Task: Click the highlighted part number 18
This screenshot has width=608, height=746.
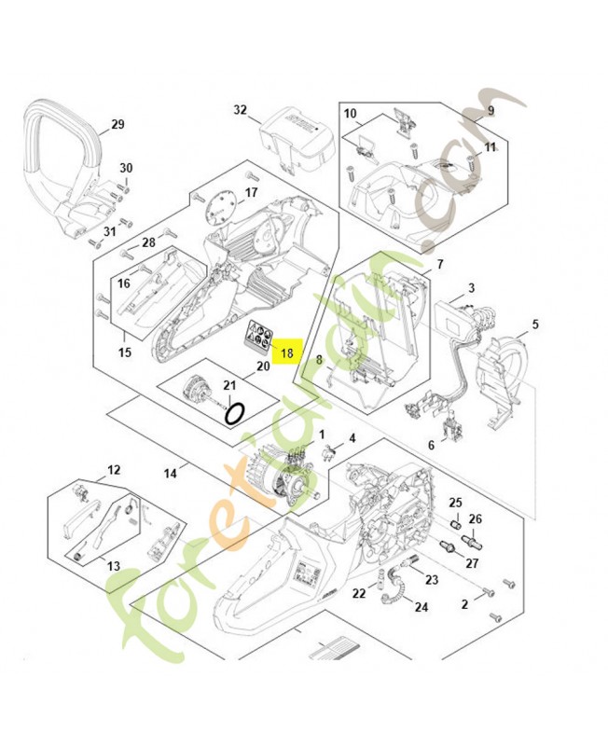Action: tap(286, 353)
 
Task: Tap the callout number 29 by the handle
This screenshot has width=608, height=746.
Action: tap(117, 124)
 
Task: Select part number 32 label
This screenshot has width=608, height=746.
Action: tap(241, 110)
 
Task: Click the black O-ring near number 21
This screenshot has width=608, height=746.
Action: tap(239, 411)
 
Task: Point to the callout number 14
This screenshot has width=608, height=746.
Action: tap(171, 474)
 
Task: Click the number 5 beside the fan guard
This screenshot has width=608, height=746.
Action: tap(535, 325)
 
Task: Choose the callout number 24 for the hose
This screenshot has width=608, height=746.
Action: tap(421, 607)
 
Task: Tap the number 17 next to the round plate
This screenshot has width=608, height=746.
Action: tap(251, 194)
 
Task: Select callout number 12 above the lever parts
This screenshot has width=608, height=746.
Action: tap(114, 470)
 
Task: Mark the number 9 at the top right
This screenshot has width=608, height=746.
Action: tap(491, 111)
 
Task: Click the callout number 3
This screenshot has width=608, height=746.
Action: tap(472, 288)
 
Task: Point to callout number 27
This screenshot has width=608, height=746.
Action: tap(472, 563)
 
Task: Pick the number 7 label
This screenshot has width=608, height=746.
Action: tap(439, 265)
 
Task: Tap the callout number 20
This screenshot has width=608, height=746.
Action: tap(263, 366)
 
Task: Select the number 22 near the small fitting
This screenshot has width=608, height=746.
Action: tap(359, 593)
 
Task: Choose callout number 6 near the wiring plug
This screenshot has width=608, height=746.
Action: tap(431, 445)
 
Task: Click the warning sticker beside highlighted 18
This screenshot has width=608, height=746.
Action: tap(258, 335)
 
